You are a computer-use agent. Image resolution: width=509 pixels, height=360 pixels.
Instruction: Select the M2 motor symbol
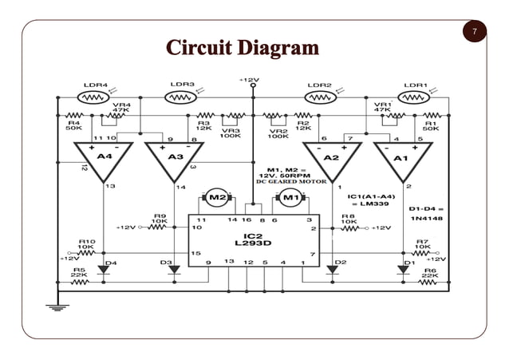[216, 196]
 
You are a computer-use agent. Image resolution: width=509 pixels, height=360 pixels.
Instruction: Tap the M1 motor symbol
[291, 196]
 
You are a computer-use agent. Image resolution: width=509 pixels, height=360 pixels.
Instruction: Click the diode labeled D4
[104, 270]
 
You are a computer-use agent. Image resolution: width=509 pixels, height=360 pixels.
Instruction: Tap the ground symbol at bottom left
[56, 307]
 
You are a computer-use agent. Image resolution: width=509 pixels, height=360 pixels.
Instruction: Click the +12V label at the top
[249, 80]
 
